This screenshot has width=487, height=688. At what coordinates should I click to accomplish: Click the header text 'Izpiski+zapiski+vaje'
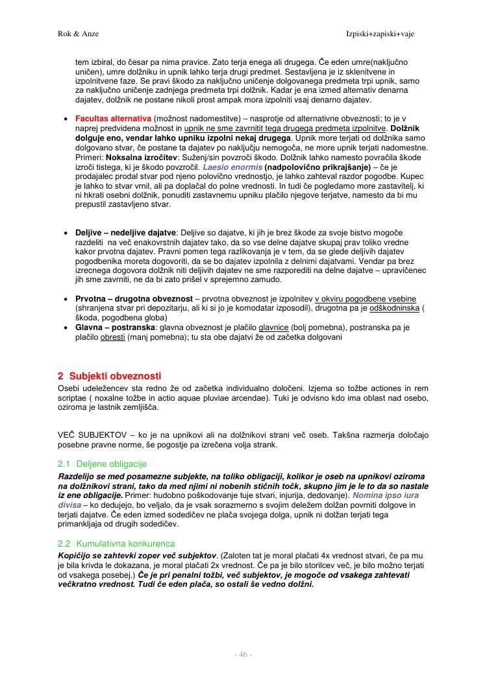pyautogui.click(x=388, y=33)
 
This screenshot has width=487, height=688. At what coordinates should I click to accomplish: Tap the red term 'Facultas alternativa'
pyautogui.click(x=114, y=120)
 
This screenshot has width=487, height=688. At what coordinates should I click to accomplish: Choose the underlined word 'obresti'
pyautogui.click(x=110, y=337)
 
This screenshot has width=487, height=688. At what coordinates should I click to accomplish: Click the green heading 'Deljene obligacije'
pyautogui.click(x=112, y=464)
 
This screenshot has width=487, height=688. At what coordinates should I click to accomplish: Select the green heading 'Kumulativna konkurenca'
pyautogui.click(x=125, y=543)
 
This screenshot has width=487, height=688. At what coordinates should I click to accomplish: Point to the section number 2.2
pyautogui.click(x=64, y=543)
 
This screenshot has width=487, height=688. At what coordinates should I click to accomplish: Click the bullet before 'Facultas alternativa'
pyautogui.click(x=66, y=120)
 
